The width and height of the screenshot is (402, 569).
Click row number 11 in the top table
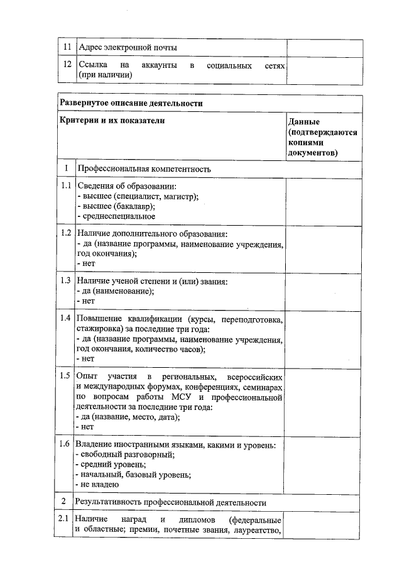coord(65,48)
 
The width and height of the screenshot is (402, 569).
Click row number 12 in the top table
coord(65,65)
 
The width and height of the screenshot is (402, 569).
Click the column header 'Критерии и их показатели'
coord(111,120)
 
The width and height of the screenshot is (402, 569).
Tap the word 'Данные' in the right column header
coord(304,121)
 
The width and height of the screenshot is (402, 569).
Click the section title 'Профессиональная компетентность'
coord(144,169)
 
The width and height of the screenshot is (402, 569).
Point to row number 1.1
coord(65,186)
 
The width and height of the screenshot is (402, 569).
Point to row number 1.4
coord(65,318)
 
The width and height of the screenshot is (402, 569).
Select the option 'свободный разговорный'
coord(126,455)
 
